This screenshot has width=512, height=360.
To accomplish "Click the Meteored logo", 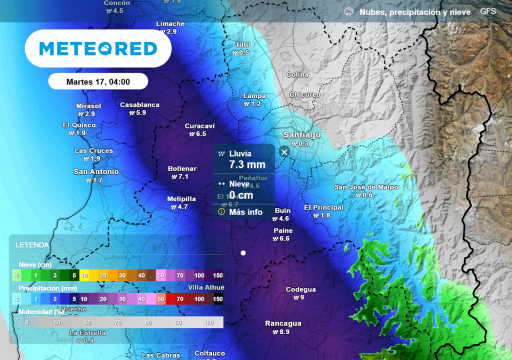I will [x=98, y=48].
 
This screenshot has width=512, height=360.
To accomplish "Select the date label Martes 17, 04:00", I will [x=98, y=82].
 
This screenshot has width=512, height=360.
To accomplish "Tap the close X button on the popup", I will [x=284, y=152].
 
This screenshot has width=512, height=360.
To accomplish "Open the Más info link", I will [x=245, y=212].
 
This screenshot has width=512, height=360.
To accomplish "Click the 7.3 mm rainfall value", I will [x=247, y=164].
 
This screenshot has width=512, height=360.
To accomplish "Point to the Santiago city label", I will [x=302, y=135].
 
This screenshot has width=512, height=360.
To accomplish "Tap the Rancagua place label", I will [x=283, y=323].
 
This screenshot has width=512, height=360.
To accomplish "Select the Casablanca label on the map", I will [x=139, y=105].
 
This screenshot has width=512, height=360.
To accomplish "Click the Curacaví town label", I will [x=199, y=126].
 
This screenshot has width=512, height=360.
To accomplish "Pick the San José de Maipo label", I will [x=366, y=187].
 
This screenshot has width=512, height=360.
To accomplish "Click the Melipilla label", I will [x=181, y=199].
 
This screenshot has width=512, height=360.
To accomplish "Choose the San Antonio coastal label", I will [x=96, y=172].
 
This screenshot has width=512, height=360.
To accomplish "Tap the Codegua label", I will [x=300, y=289].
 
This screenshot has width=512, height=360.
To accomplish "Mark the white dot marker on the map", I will [x=243, y=253].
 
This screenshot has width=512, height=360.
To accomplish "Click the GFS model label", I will [x=488, y=11].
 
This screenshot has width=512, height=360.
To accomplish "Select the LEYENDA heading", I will [x=32, y=245].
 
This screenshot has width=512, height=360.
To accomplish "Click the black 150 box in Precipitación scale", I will [x=218, y=299].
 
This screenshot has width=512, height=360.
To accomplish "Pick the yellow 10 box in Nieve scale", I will [x=84, y=275].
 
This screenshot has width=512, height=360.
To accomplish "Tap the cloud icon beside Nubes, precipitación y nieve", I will [x=349, y=11].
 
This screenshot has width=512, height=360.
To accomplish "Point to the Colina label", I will [x=297, y=75].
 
